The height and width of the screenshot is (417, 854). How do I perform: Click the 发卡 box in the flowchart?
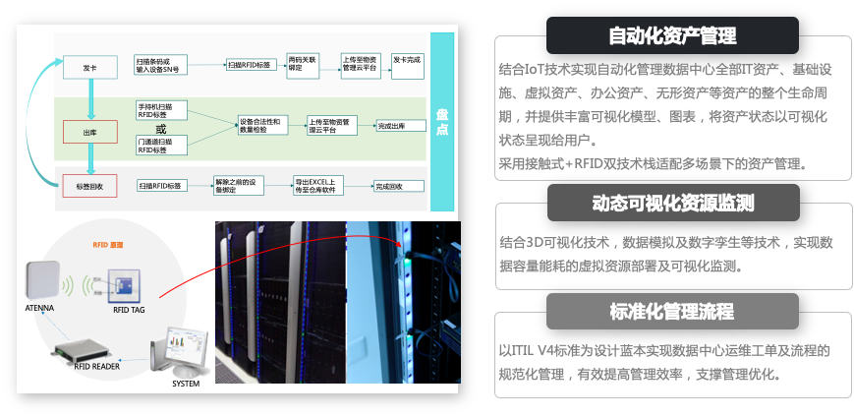coord(90,68)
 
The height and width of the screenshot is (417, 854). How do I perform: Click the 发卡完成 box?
coord(407,62)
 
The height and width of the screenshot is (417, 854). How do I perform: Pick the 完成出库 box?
coord(391,126)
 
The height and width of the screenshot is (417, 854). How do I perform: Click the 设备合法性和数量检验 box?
coord(260,125)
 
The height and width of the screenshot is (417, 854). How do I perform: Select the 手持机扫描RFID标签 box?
coord(159,108)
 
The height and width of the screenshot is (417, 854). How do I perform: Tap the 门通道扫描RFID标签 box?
coord(159,146)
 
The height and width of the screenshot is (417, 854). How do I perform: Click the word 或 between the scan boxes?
coord(161,129)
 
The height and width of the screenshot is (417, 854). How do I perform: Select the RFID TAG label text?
coord(129,310)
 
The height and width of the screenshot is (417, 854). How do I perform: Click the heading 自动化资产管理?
coord(672,36)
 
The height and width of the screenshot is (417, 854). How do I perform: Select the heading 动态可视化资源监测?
coord(672,203)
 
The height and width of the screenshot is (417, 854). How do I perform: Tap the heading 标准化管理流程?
coord(672,311)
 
